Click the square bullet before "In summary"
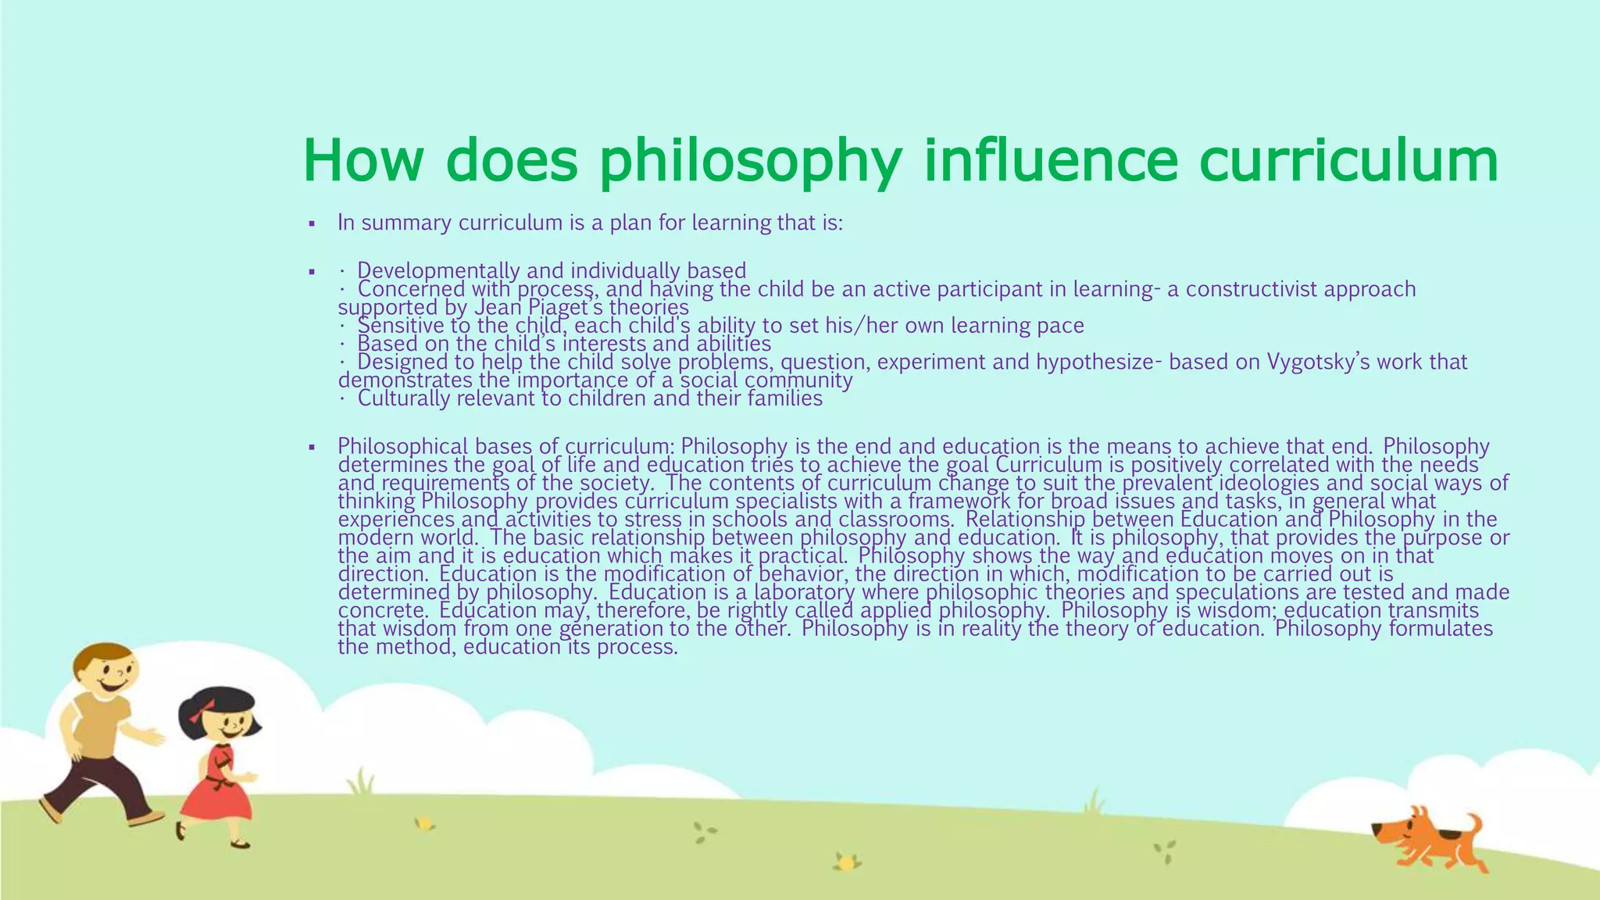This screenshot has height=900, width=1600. tap(312, 224)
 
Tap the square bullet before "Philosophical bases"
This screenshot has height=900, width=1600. tap(312, 448)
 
